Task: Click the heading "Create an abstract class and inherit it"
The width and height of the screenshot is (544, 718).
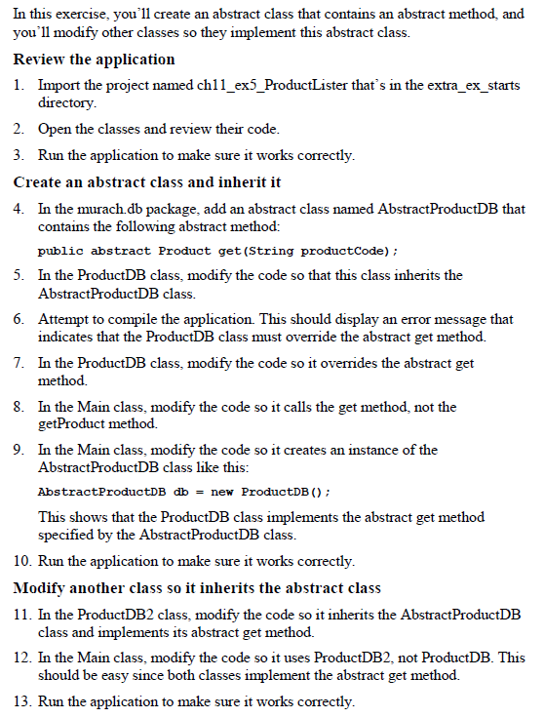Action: pyautogui.click(x=147, y=181)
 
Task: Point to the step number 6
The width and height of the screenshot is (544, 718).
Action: pyautogui.click(x=19, y=319)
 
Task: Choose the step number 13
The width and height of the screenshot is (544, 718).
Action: pyautogui.click(x=22, y=701)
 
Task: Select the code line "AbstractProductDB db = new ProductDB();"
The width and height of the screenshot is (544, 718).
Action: pyautogui.click(x=183, y=491)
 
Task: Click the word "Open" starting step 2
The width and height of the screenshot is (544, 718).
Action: pyautogui.click(x=56, y=129)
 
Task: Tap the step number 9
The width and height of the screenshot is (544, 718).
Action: pyautogui.click(x=19, y=450)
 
